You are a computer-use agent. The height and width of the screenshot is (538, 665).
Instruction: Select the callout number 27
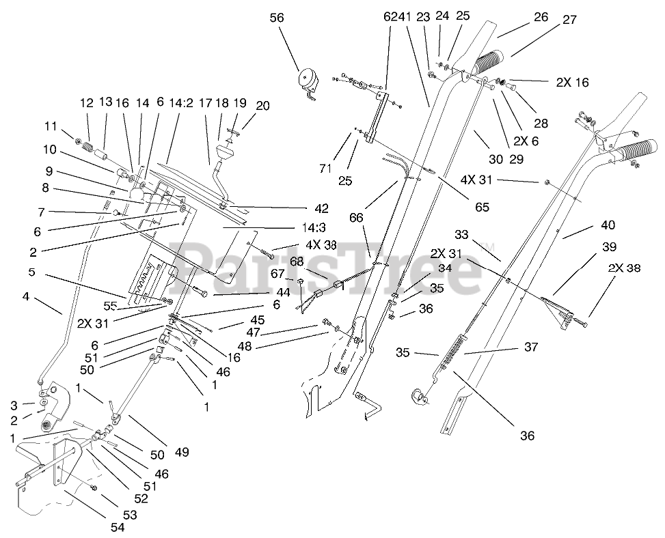pyautogui.click(x=569, y=20)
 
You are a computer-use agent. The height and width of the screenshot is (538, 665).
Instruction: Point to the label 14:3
pyautogui.click(x=314, y=228)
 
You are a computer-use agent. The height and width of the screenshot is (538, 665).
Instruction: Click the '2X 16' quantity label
pyautogui.click(x=573, y=82)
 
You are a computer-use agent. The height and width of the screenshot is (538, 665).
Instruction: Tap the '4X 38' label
pyautogui.click(x=321, y=245)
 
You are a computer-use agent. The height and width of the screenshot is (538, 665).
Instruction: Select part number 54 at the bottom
pyautogui.click(x=118, y=527)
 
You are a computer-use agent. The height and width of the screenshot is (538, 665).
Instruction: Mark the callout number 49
pyautogui.click(x=182, y=453)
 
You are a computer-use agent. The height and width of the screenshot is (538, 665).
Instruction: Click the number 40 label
pyautogui.click(x=608, y=225)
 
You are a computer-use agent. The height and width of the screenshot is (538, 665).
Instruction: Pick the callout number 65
pyautogui.click(x=483, y=207)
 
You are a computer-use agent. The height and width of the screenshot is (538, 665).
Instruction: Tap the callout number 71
pyautogui.click(x=325, y=169)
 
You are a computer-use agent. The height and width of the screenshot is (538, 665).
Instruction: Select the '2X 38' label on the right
pyautogui.click(x=624, y=268)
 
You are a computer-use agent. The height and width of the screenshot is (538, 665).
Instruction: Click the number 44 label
pyautogui.click(x=283, y=292)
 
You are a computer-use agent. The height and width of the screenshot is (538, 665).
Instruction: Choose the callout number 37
pyautogui.click(x=531, y=347)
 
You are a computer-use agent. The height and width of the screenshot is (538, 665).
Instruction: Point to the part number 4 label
pyautogui.click(x=26, y=296)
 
